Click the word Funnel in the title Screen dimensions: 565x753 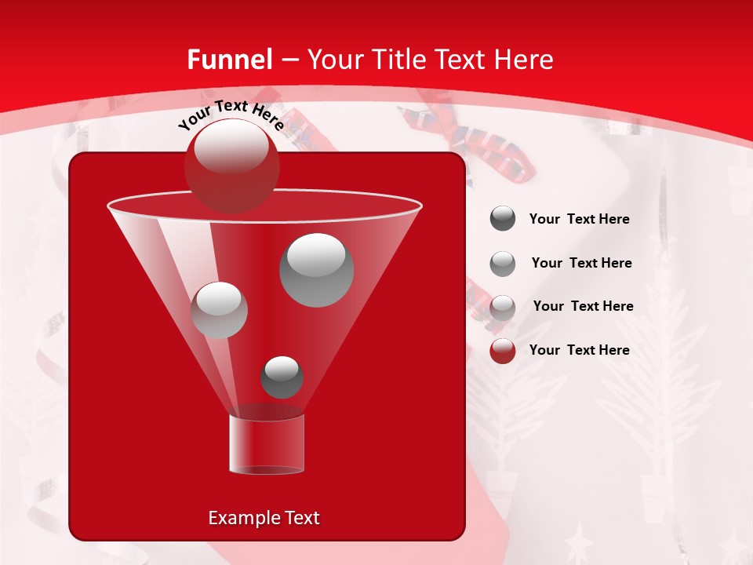click(230, 60)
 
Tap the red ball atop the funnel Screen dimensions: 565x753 click(231, 166)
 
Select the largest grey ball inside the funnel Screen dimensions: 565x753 click(316, 270)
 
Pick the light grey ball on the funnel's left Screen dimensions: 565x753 click(219, 310)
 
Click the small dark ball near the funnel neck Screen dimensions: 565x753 click(282, 377)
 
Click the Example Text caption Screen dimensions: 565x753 click(264, 518)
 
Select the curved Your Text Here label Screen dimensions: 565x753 click(231, 115)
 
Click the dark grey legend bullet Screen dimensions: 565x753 click(503, 219)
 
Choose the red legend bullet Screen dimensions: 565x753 click(503, 351)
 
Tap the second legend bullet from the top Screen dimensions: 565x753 click(503, 264)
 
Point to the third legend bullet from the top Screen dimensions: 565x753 click(503, 307)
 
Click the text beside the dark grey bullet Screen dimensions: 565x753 click(579, 220)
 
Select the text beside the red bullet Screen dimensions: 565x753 click(579, 350)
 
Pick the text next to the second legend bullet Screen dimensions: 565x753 click(581, 264)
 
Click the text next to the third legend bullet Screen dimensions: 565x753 click(583, 307)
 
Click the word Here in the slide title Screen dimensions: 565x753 click(526, 60)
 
